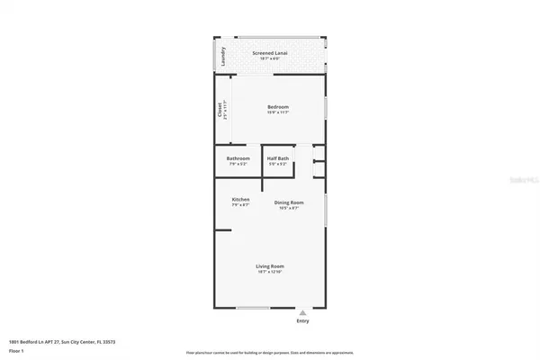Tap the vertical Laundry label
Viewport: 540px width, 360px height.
pyautogui.click(x=222, y=57)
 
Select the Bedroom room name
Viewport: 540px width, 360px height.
pyautogui.click(x=277, y=106)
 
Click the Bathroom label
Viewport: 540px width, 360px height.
pyautogui.click(x=238, y=158)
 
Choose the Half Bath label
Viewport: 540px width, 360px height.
pyautogui.click(x=277, y=158)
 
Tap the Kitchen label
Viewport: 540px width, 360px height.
pyautogui.click(x=240, y=199)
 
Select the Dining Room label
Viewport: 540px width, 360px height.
pyautogui.click(x=289, y=202)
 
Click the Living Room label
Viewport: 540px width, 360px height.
pyautogui.click(x=270, y=266)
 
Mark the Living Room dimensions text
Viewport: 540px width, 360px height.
pyautogui.click(x=270, y=273)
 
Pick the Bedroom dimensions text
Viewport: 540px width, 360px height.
pyautogui.click(x=277, y=112)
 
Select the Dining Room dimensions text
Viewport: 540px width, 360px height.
pyautogui.click(x=289, y=209)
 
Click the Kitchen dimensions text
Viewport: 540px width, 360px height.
pyautogui.click(x=240, y=205)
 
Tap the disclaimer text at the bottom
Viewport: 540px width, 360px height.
pyautogui.click(x=270, y=353)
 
